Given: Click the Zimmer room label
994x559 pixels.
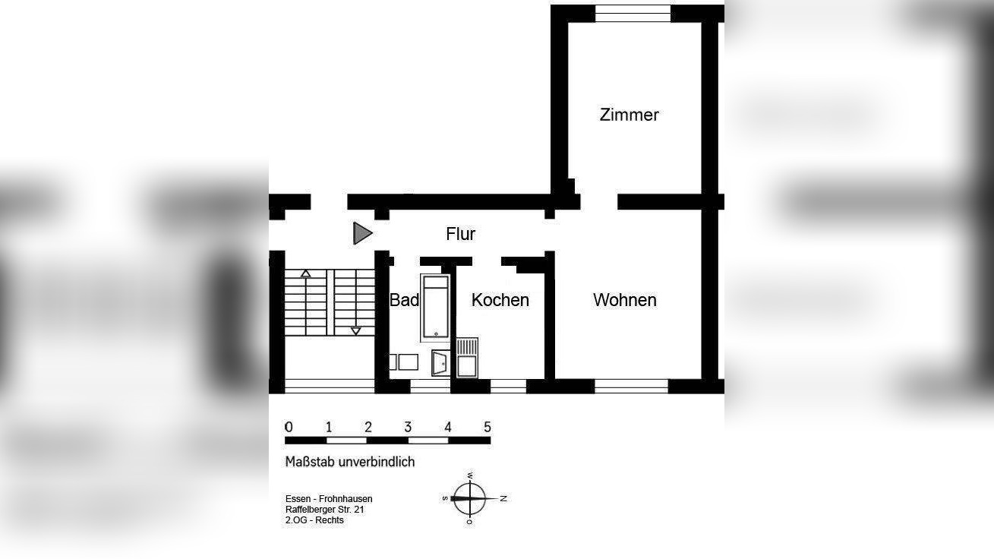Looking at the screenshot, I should coord(629,115).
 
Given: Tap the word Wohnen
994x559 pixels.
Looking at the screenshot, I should coord(624,300).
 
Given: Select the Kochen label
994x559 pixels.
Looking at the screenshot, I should coord(500,300).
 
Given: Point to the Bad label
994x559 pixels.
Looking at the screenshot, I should coord(404,300).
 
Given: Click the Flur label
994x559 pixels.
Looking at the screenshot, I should coord(460,234).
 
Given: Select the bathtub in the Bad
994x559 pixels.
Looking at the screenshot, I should coord(436,308).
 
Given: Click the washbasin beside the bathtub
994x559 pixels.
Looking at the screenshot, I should coord(440,363).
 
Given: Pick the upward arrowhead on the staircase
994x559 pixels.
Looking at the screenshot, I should coord(305,273).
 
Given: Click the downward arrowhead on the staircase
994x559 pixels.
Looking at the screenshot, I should coord(355,331).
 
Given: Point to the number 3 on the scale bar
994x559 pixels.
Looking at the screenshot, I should coord(408,427).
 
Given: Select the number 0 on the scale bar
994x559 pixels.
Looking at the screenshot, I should coord(289,427).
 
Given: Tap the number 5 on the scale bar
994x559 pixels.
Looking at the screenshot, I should coord(488,427).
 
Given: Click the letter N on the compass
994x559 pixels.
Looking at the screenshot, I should coord(503,498).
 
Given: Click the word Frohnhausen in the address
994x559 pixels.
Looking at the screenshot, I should coord(346,498).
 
